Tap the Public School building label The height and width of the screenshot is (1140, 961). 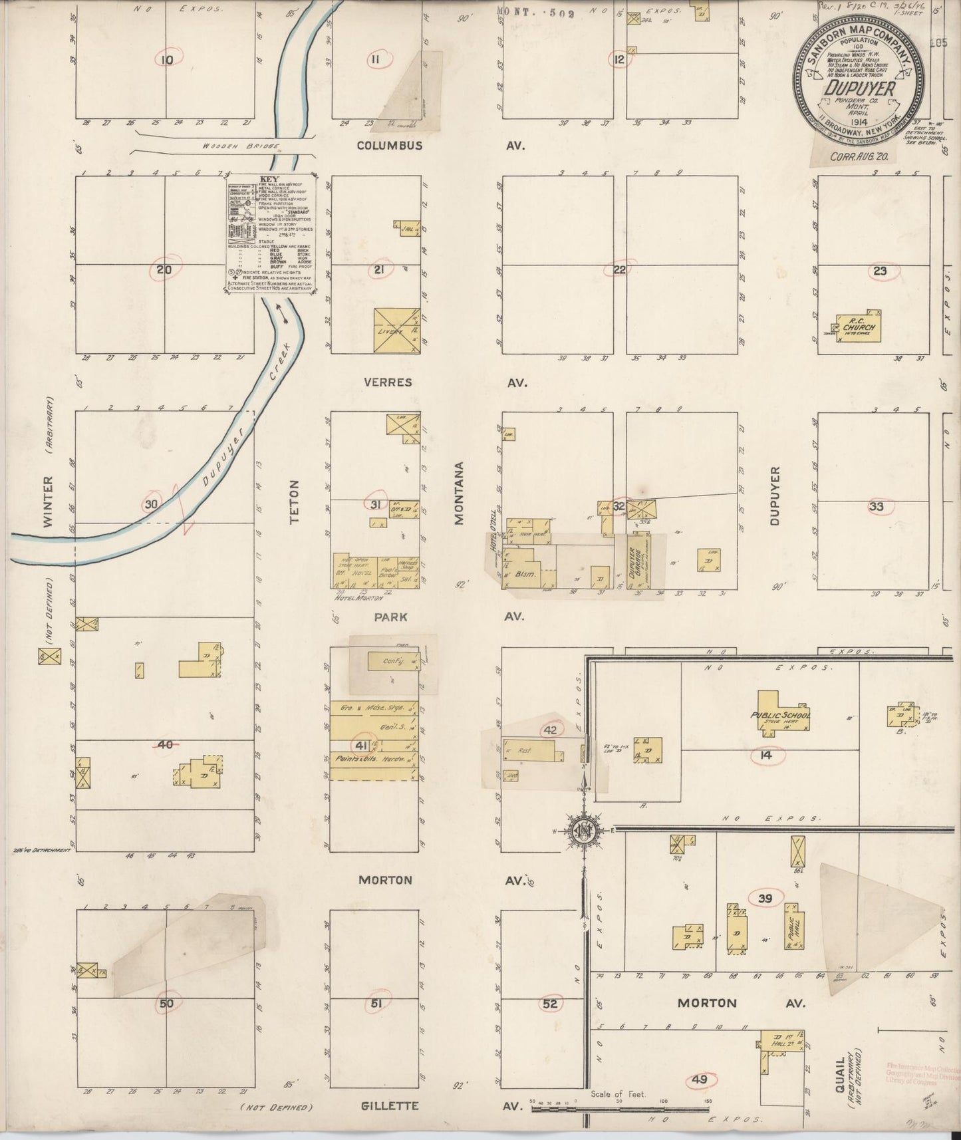789,716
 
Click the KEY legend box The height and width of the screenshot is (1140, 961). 270,237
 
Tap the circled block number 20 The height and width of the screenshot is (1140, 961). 164,269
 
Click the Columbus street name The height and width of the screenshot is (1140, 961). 389,145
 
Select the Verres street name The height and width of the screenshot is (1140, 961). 388,382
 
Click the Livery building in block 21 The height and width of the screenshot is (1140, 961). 396,331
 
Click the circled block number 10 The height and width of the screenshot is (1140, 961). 166,60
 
